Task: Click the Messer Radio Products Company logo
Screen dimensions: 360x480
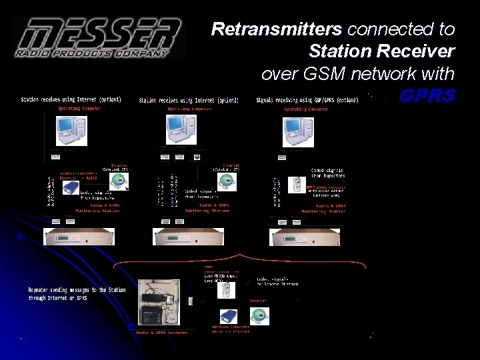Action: click(x=99, y=37)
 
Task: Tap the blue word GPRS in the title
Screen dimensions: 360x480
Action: click(x=427, y=95)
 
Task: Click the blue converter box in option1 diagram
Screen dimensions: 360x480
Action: click(x=71, y=188)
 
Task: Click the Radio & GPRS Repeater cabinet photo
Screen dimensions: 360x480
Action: click(x=158, y=303)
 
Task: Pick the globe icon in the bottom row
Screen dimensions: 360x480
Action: click(x=259, y=316)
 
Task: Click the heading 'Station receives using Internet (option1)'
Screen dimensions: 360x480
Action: click(x=71, y=100)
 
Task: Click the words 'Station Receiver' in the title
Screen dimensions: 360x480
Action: click(x=381, y=51)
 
